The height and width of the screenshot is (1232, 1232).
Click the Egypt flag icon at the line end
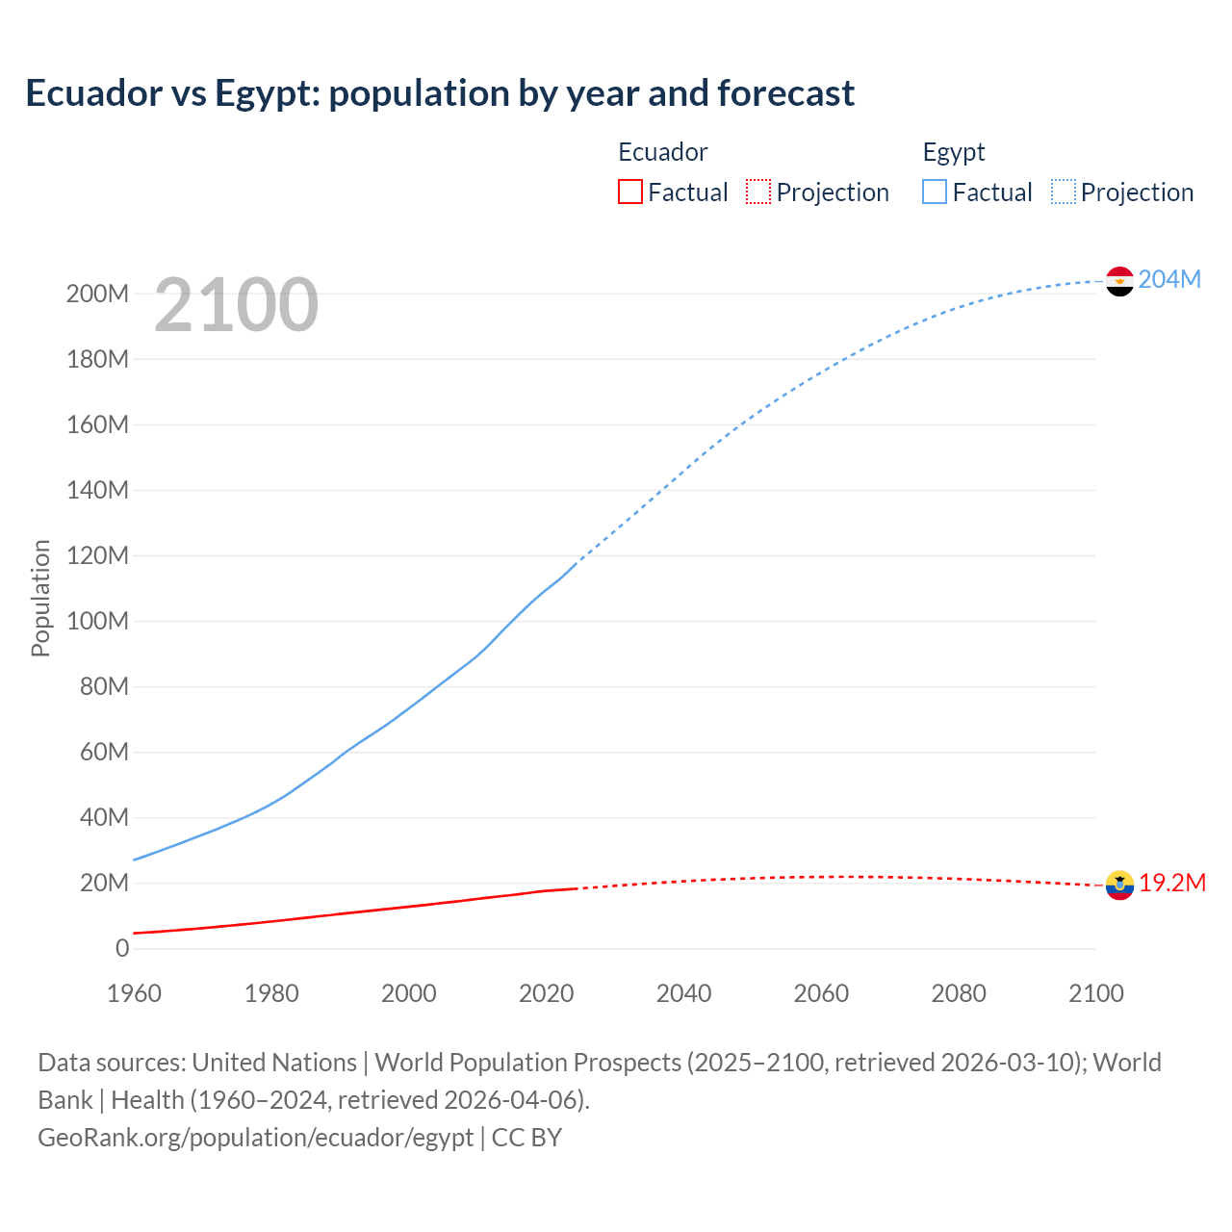coord(1119,281)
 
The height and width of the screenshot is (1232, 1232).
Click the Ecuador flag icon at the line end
coord(1119,885)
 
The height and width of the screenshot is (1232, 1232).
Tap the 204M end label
coord(1169,279)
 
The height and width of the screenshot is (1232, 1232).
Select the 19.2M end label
coord(1172,884)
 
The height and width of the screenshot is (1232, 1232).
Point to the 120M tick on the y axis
coord(97,555)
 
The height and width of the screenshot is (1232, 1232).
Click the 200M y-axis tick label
coord(97,294)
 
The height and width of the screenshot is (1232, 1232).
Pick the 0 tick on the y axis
coord(122,948)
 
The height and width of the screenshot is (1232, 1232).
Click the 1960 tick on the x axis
coord(134,993)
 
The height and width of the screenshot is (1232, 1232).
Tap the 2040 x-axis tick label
coord(683,993)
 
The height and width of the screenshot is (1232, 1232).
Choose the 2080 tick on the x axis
coord(959,993)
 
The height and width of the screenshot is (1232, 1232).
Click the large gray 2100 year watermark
coord(236,305)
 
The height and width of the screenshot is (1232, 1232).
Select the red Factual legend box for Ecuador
coord(630,192)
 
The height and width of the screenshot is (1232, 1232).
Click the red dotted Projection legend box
coord(758,192)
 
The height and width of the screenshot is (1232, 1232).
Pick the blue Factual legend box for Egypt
coord(935,192)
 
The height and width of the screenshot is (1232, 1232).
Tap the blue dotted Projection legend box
coord(1064,192)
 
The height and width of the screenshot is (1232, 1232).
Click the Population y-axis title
coord(40,598)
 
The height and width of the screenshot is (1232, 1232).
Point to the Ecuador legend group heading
coord(662,152)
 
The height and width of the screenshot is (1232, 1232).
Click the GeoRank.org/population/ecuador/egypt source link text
coord(255,1138)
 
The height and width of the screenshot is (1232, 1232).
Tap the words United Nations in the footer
coord(274,1063)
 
